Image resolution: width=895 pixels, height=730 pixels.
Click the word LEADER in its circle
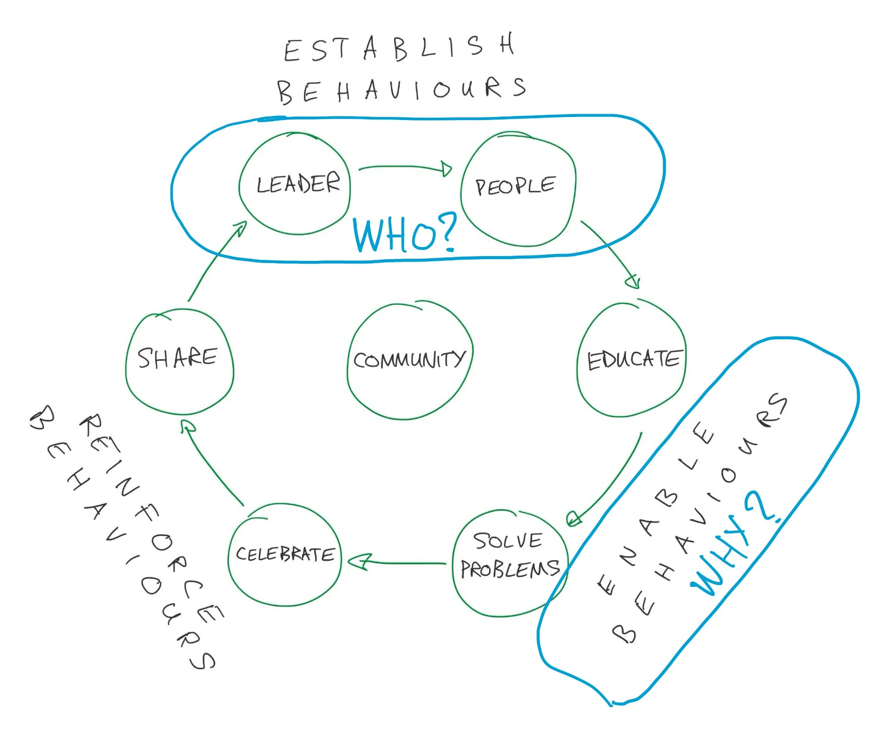click(x=298, y=184)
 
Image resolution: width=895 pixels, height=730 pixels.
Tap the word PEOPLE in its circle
click(x=515, y=186)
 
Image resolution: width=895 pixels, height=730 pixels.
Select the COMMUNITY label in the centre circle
click(x=409, y=360)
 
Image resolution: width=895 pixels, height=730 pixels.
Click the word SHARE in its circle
click(x=177, y=358)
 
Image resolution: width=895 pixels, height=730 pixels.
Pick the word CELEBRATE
click(x=285, y=554)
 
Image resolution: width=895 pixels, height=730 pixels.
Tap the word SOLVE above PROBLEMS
click(x=508, y=541)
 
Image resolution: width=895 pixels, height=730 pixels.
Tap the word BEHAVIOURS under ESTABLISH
click(x=401, y=90)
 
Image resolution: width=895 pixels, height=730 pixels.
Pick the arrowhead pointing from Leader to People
click(x=446, y=169)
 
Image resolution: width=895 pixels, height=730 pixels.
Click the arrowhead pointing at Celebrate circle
click(x=359, y=562)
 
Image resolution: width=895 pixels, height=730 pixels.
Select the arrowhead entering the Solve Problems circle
click(x=574, y=518)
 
